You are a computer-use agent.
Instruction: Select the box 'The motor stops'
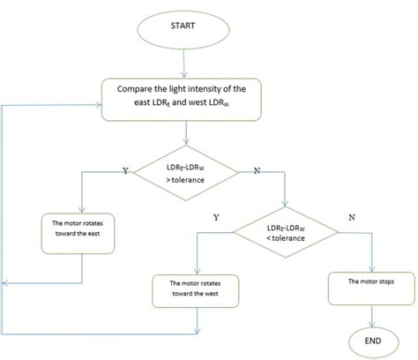369,281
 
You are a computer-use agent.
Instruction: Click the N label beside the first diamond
257,169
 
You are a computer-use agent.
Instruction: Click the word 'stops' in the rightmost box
388,281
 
